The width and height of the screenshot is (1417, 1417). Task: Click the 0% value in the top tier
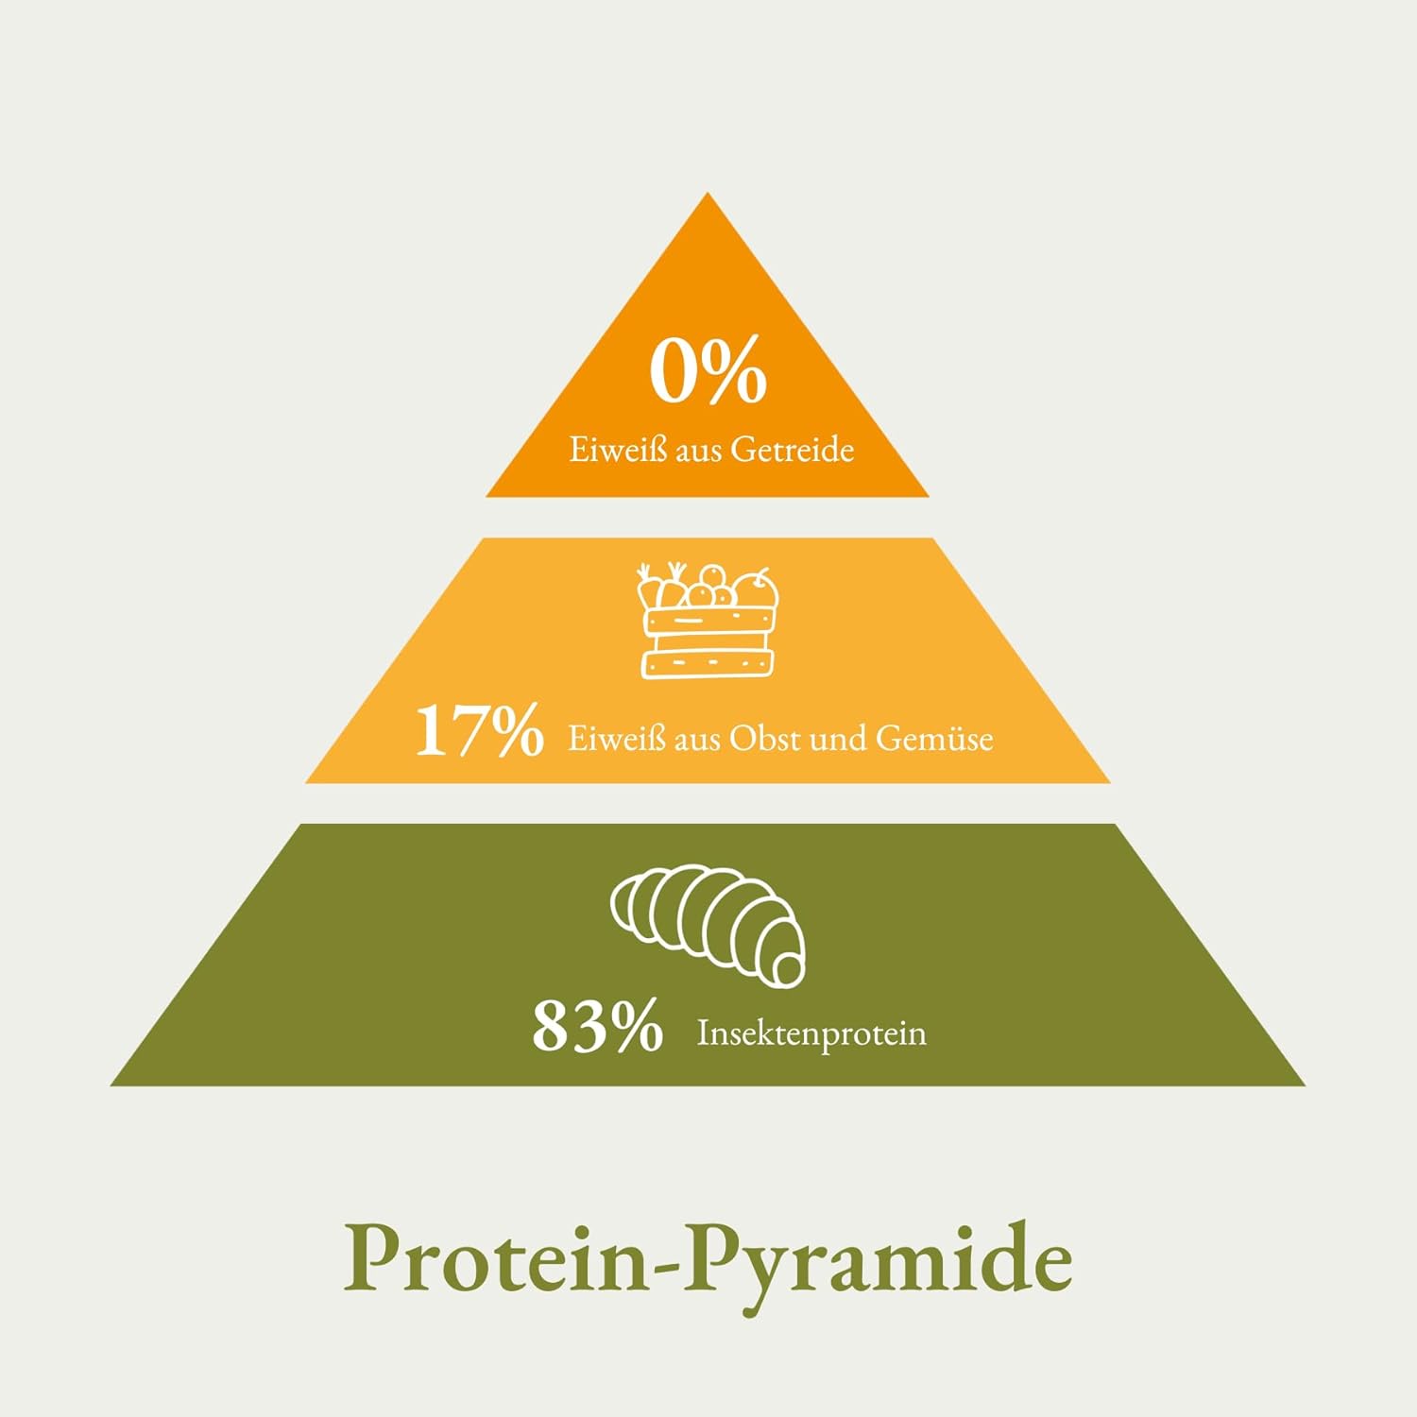coord(708,371)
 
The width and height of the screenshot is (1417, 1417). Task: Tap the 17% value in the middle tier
coord(480,730)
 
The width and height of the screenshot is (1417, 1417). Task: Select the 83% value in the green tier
coord(597,1026)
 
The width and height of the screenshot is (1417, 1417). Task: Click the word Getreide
coord(793,449)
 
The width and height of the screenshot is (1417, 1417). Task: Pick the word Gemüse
coord(934,738)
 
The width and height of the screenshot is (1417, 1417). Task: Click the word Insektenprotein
coord(811,1033)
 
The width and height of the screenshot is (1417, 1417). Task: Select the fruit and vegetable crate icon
coord(708,621)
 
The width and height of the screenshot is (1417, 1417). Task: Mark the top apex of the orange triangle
coord(708,193)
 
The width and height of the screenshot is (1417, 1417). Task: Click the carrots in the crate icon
coord(661,587)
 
